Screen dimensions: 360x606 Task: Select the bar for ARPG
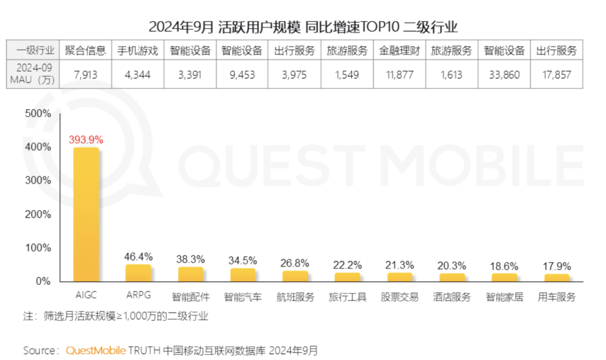click(x=138, y=273)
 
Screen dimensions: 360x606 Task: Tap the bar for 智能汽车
click(x=242, y=275)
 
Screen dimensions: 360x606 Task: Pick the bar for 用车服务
click(x=557, y=278)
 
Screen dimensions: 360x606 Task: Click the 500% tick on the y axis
click(x=39, y=113)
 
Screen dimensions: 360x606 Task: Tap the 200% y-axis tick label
click(x=39, y=214)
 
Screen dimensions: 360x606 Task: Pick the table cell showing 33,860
click(x=504, y=75)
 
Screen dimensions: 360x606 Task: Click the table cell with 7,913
click(x=85, y=75)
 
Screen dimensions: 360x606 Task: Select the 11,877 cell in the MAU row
click(x=400, y=75)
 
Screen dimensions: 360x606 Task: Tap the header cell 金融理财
click(x=400, y=50)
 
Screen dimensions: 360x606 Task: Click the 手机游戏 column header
click(x=137, y=50)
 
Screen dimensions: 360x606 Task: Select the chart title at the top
click(x=303, y=26)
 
